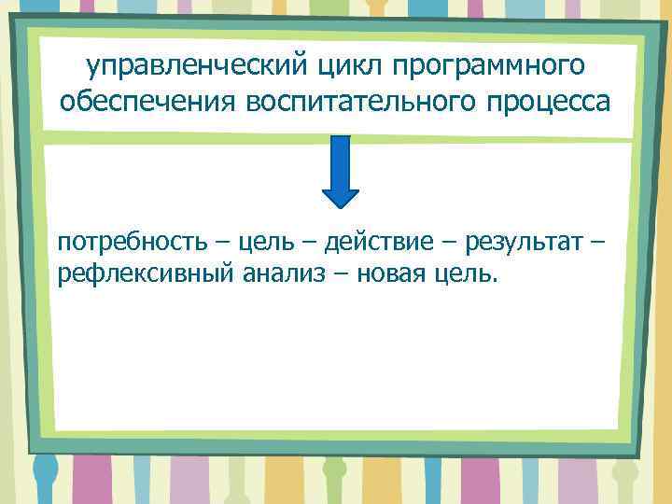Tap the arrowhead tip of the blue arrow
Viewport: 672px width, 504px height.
[341, 204]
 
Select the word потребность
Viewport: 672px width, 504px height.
[128, 244]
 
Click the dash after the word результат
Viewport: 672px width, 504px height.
[597, 245]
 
